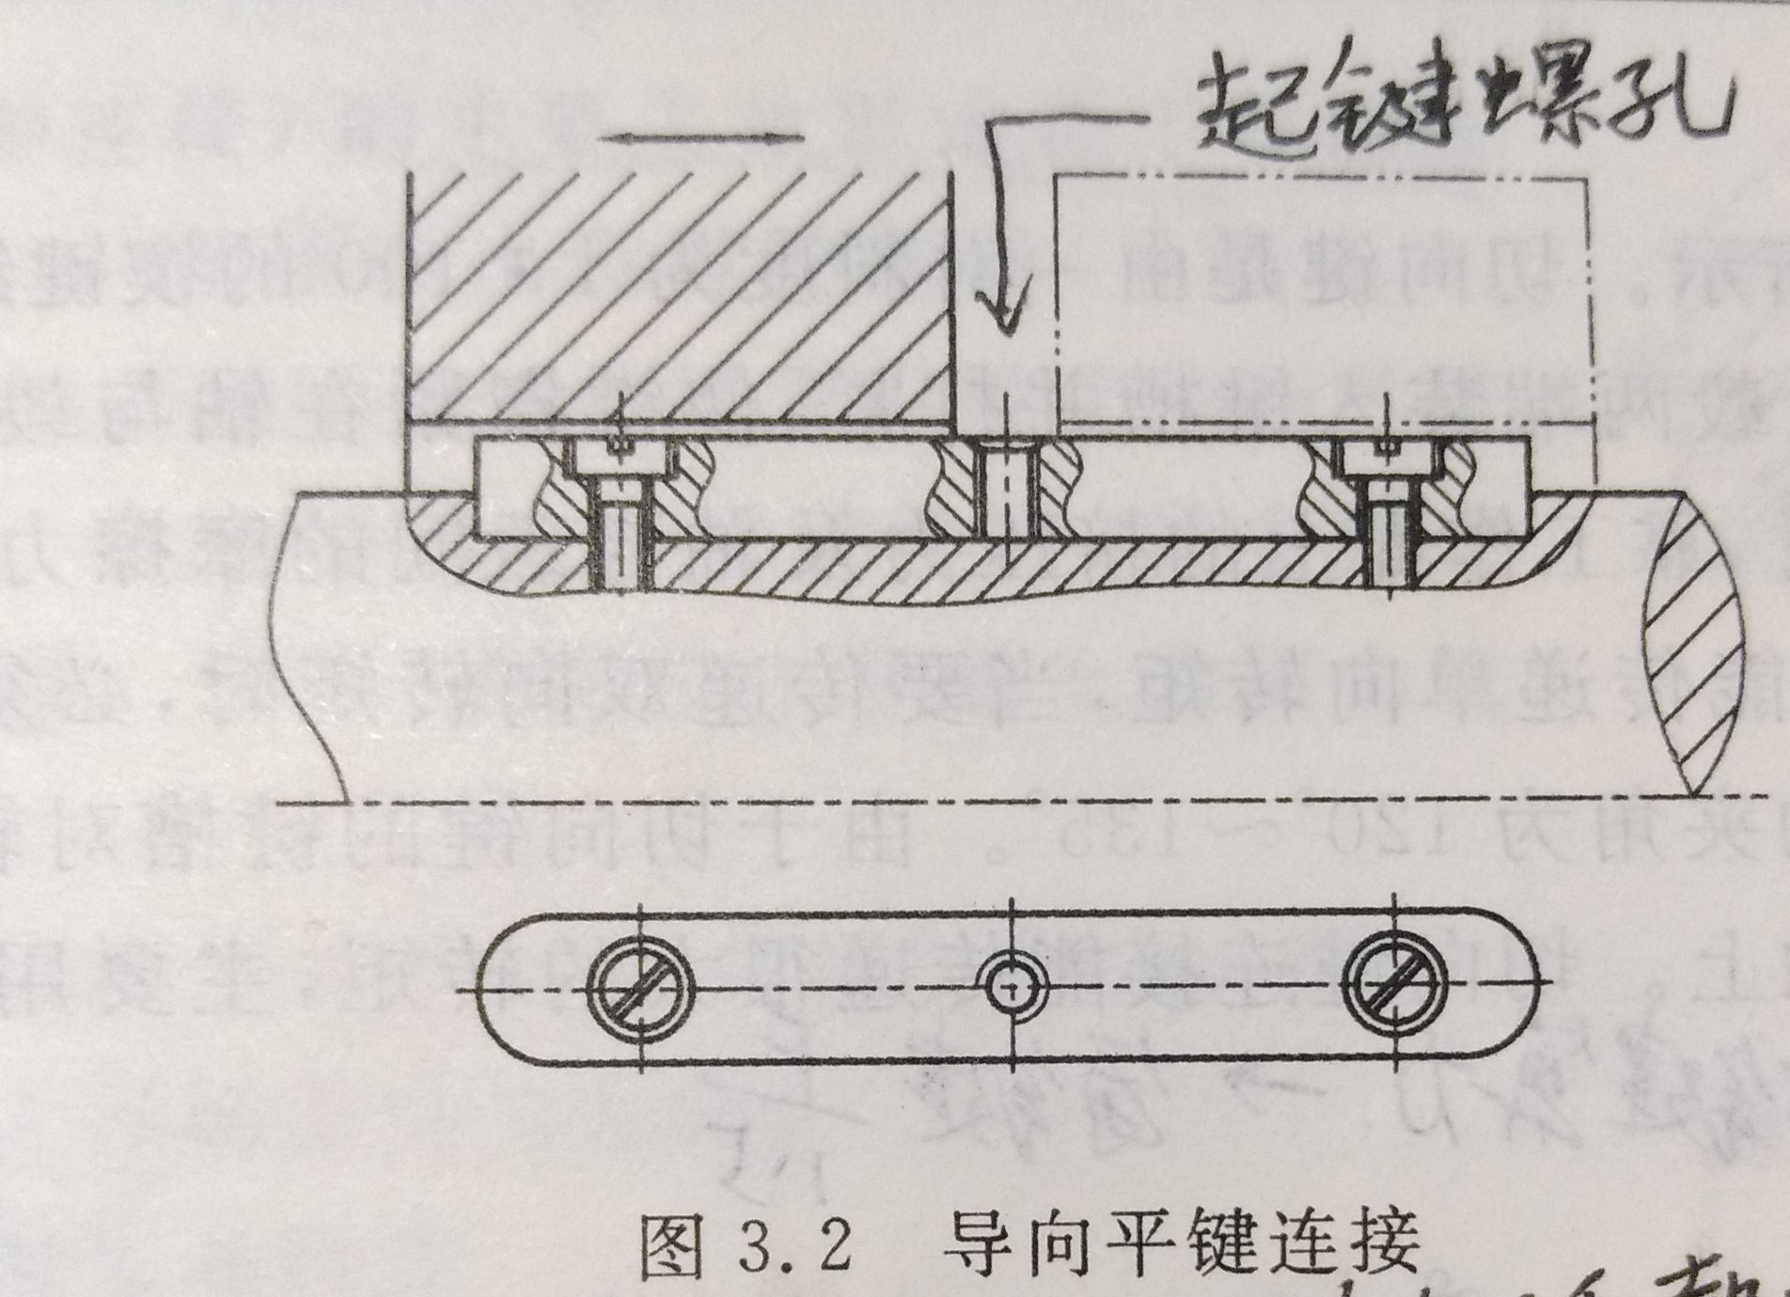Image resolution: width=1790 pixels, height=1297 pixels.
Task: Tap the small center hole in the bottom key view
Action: [x=1012, y=989]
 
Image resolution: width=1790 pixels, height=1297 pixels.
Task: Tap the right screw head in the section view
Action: [x=1389, y=459]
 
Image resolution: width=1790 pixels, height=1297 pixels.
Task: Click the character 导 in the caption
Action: [x=979, y=1245]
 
